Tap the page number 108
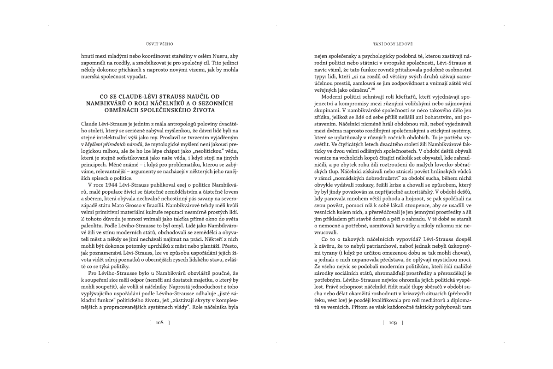coord(159,322)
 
